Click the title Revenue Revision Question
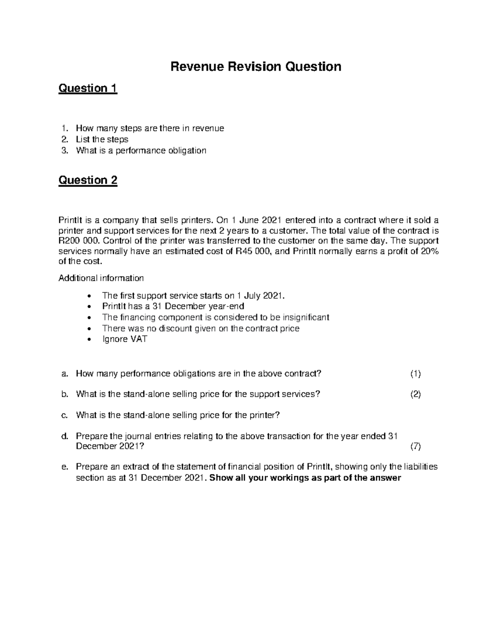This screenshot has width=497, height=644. [x=256, y=66]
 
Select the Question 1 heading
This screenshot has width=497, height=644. [x=88, y=88]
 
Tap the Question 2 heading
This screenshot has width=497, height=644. [x=88, y=180]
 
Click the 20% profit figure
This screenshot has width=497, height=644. [x=429, y=251]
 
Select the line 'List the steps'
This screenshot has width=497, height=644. [x=102, y=139]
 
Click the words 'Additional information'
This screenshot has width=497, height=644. [x=101, y=278]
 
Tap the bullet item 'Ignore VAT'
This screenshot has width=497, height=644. [x=124, y=339]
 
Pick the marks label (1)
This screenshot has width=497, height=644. [x=415, y=374]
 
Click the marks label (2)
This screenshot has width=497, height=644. [x=415, y=394]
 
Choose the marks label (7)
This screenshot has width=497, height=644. [x=415, y=447]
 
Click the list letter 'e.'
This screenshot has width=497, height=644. [x=64, y=467]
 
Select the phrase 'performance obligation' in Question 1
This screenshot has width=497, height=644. [x=161, y=151]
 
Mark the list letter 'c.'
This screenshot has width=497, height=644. [x=64, y=415]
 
